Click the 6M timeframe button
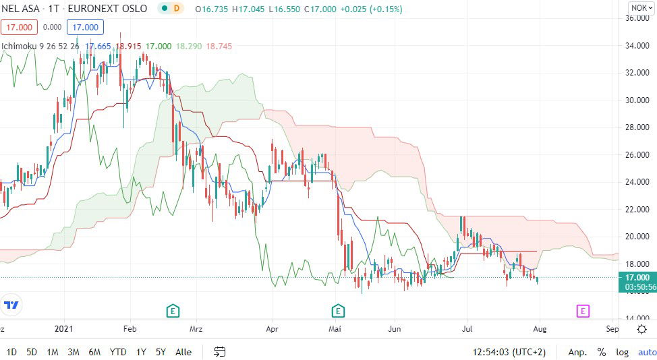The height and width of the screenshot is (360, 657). (94, 352)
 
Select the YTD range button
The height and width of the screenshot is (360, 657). (118, 352)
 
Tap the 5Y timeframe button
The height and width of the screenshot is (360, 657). (161, 352)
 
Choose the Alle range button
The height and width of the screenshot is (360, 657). (183, 352)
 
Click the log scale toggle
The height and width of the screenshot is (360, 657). (621, 352)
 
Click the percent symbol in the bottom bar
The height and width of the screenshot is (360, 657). (601, 352)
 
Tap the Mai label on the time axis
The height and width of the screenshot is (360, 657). (335, 329)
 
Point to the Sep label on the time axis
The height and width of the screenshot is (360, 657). (612, 329)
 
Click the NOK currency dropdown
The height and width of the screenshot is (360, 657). (639, 8)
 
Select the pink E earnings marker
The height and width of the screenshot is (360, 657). (583, 311)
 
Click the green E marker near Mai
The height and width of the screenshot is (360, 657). (338, 311)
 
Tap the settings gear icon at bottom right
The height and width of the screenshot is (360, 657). (641, 329)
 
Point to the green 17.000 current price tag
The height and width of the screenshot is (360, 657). (637, 277)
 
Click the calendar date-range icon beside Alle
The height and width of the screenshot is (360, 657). (220, 352)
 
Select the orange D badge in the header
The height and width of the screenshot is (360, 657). (177, 9)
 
